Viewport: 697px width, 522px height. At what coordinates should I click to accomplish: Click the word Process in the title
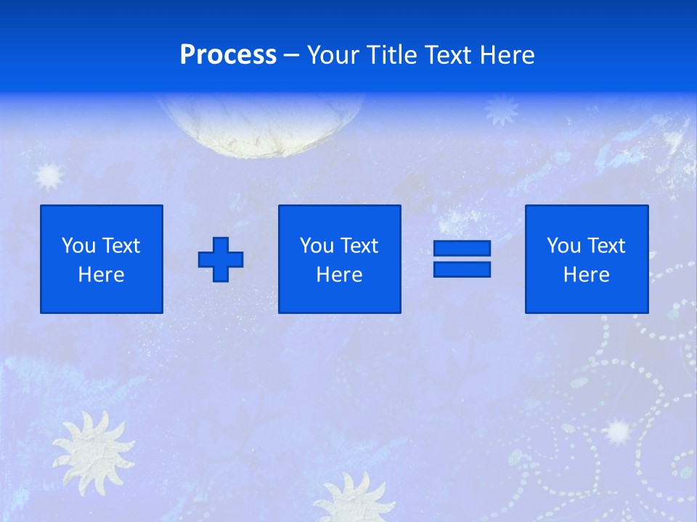[228, 55]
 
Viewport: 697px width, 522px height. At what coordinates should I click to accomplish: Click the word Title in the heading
[389, 55]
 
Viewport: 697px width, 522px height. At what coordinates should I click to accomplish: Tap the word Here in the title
[507, 55]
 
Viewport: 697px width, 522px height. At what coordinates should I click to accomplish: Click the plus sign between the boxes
[221, 260]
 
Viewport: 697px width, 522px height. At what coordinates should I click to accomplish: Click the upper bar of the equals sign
[462, 249]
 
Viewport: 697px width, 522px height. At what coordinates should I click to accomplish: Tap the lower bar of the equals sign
[462, 269]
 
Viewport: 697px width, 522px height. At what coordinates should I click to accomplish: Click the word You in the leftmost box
[78, 246]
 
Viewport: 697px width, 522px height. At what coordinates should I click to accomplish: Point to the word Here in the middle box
[339, 275]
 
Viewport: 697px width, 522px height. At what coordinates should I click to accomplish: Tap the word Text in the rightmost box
[606, 246]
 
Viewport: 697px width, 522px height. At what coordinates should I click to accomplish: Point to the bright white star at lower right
[618, 431]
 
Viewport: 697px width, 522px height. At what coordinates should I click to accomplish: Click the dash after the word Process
[291, 55]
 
